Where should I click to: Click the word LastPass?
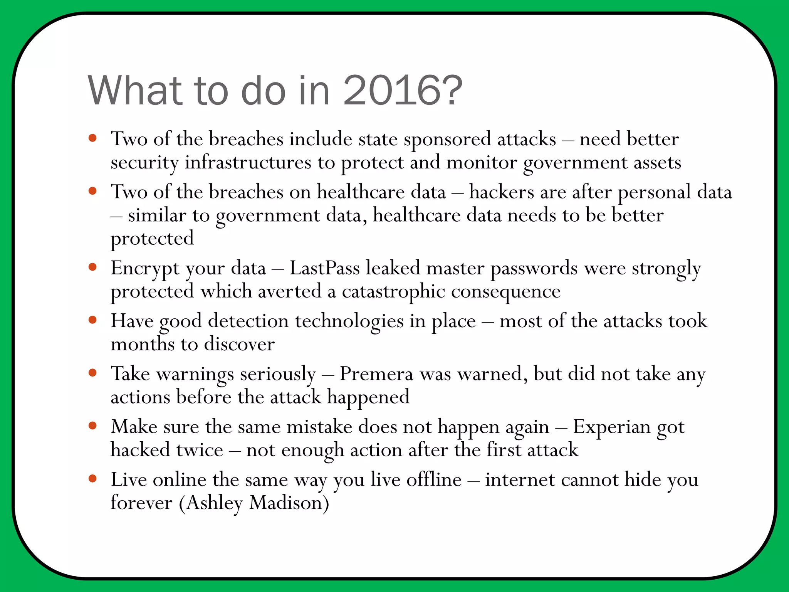pos(324,268)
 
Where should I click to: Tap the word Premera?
pos(376,374)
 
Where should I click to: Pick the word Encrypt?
pos(145,269)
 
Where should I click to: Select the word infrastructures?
pos(248,162)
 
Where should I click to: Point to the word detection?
pos(248,321)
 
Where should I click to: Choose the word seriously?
pos(277,375)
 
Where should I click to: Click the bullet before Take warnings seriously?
pos(92,373)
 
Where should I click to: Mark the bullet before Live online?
pos(92,479)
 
